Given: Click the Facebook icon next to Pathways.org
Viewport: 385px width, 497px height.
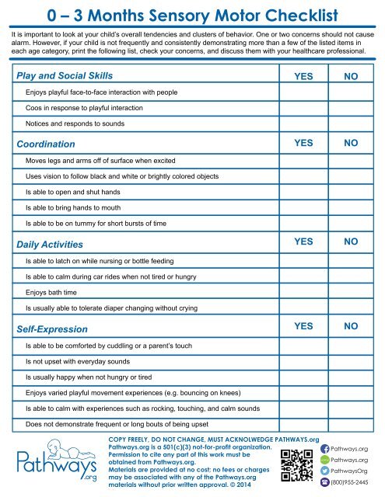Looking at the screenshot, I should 324,449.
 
